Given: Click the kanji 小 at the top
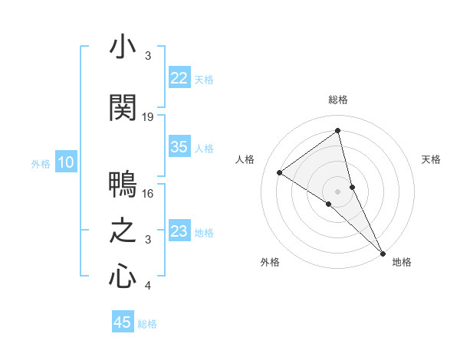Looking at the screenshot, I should point(123,47).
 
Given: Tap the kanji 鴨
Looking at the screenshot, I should point(123,185).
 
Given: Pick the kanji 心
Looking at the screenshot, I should point(123,277).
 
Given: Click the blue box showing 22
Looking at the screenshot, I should point(179,78).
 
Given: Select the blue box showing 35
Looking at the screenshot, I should point(179,147).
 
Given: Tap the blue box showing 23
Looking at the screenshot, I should point(179,231).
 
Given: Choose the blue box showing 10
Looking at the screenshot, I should point(66,162).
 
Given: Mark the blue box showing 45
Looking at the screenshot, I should point(123,322).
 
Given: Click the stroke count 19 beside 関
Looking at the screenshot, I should point(148,117).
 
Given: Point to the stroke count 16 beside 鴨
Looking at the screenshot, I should point(148,194).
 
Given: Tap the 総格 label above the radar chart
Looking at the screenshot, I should point(338,100).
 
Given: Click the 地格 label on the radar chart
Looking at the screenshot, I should point(402,263).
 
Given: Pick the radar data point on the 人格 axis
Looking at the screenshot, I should point(280,172).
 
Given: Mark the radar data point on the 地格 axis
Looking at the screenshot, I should point(383,252).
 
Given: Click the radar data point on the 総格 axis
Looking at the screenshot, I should point(338,130).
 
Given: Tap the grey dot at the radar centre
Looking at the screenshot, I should point(338,191).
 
